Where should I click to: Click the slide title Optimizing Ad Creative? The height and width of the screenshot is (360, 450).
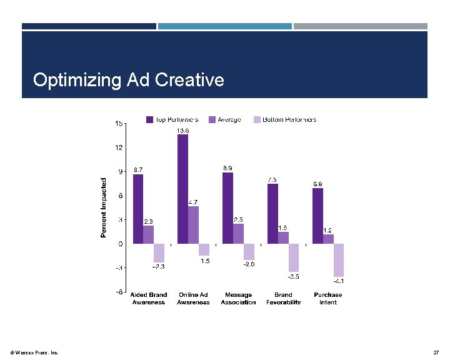(x=128, y=80)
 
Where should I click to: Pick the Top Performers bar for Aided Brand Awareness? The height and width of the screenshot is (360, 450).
(x=137, y=209)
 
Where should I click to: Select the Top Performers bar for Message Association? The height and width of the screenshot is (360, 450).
(x=227, y=207)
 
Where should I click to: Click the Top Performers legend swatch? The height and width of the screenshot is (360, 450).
(x=150, y=119)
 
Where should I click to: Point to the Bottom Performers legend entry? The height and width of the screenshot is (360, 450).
(x=284, y=119)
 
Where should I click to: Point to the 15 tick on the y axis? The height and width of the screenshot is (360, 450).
(x=119, y=124)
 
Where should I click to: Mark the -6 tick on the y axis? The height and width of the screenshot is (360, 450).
(x=117, y=291)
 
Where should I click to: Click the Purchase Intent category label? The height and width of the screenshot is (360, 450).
(x=328, y=298)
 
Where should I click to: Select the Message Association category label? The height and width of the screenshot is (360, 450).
(x=238, y=298)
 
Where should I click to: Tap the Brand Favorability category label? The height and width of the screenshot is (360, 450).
(x=283, y=298)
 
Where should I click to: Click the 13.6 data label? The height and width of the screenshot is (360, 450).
(x=182, y=130)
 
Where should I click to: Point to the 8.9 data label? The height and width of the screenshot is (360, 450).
(x=229, y=168)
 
